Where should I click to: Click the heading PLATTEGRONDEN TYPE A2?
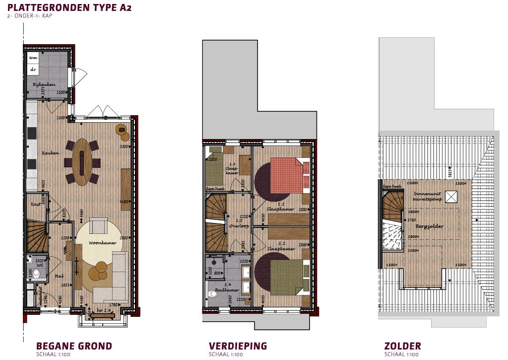[69, 7]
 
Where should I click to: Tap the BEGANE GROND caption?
[74, 346]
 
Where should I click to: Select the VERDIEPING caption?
[238, 346]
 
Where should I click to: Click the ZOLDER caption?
[403, 346]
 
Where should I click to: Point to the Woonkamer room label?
[103, 243]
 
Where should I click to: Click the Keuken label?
[51, 153]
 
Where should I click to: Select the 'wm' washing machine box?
[34, 58]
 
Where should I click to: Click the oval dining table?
[82, 162]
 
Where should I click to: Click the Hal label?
[58, 276]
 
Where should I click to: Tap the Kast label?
[35, 204]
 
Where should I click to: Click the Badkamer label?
[231, 289]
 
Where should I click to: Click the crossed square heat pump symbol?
[451, 197]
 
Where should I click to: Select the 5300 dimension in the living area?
[124, 147]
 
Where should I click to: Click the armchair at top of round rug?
[99, 226]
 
